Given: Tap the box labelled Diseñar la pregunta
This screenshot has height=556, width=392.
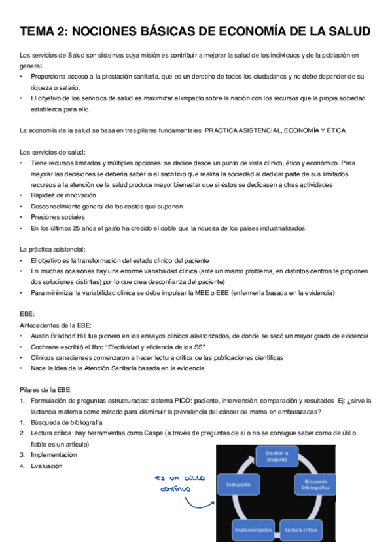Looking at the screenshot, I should click(x=277, y=456).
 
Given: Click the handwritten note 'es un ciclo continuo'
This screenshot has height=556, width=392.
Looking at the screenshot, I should click(x=169, y=483).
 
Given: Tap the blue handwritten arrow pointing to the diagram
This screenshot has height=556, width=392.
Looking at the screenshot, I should click(x=200, y=504).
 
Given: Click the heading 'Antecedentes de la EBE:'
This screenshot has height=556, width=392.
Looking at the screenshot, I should click(x=56, y=325).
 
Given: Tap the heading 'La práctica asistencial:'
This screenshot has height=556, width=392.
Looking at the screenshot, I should click(x=52, y=249).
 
